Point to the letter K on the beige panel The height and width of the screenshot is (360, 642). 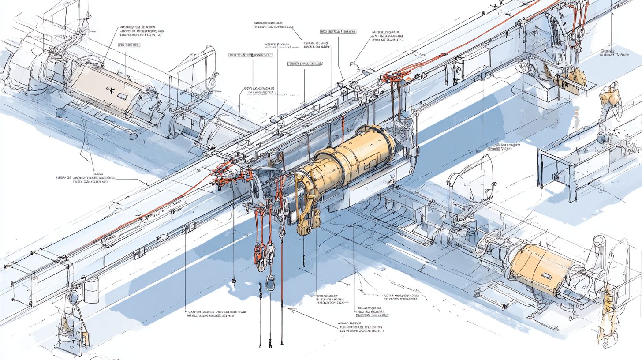[110, 90]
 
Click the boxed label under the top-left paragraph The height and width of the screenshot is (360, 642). [129, 45]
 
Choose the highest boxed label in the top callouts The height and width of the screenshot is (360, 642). [338, 32]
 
